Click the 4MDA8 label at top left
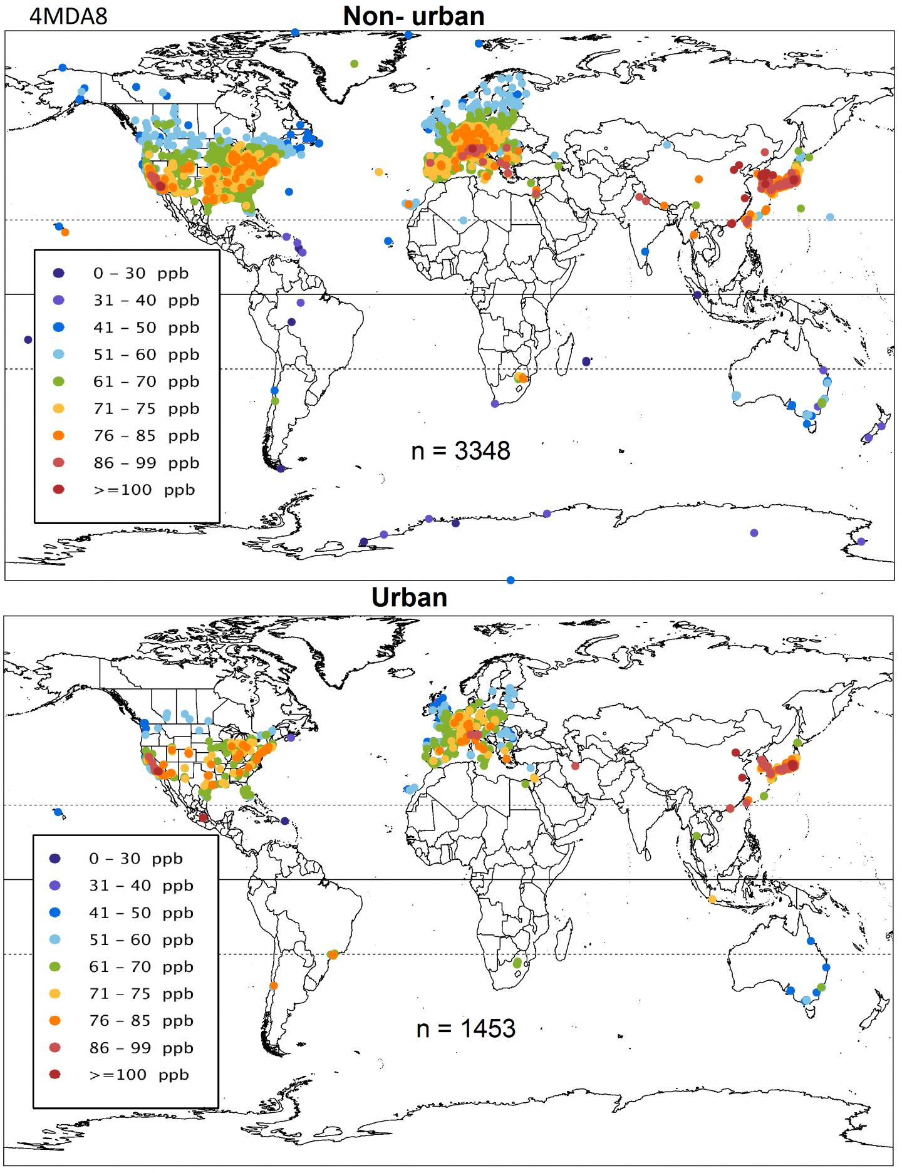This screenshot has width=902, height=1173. (x=68, y=16)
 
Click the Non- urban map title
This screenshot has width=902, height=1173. (x=413, y=16)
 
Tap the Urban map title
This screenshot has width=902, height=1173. (x=409, y=597)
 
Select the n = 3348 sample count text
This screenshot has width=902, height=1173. (x=460, y=451)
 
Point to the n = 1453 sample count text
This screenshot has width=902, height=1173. (x=465, y=1028)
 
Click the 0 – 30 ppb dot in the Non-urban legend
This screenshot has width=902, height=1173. (x=59, y=273)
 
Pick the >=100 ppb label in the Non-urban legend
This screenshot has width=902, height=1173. (x=144, y=490)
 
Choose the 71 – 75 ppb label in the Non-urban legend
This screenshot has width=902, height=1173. (x=147, y=408)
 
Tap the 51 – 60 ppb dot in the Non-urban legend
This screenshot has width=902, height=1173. (x=59, y=354)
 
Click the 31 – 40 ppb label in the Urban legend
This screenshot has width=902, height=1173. (x=141, y=886)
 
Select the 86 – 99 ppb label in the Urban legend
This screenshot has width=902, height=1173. (x=141, y=1048)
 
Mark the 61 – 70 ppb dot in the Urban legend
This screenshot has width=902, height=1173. (x=55, y=967)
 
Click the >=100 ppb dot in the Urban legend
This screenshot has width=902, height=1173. (x=55, y=1075)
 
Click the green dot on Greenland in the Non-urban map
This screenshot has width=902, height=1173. (x=355, y=64)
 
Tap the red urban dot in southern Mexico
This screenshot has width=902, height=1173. (x=203, y=818)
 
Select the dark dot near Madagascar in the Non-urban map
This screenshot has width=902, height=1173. (x=586, y=361)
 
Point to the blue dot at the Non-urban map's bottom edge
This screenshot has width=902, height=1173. (x=511, y=581)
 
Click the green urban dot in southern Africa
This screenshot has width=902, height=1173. (x=517, y=963)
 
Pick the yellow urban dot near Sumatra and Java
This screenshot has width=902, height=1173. (x=712, y=899)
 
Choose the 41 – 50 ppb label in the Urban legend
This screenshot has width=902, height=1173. (x=141, y=912)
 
